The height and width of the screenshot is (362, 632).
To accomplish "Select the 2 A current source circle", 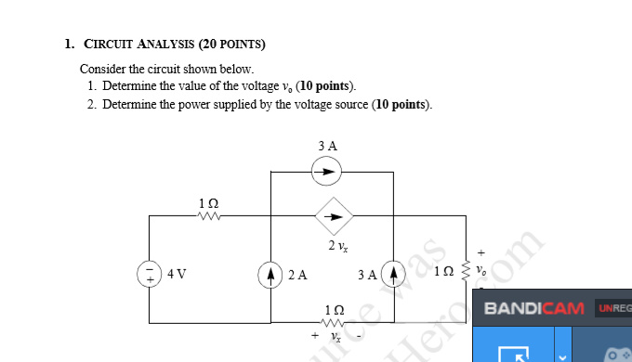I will (270, 275).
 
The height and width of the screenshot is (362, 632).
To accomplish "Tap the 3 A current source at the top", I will (326, 171).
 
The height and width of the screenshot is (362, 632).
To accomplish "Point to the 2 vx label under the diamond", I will (337, 246).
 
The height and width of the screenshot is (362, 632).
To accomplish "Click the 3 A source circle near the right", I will (394, 275).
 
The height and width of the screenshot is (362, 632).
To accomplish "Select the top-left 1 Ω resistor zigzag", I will (208, 217).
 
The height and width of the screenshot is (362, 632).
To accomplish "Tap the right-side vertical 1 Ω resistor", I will (465, 275).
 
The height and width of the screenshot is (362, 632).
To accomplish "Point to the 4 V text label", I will (177, 275).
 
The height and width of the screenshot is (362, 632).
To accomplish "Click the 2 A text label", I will (297, 275).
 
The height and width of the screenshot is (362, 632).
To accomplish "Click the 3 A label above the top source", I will (327, 146).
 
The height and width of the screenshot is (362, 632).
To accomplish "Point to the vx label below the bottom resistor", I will (337, 338).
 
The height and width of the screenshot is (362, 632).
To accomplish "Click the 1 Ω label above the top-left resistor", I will (208, 202).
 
